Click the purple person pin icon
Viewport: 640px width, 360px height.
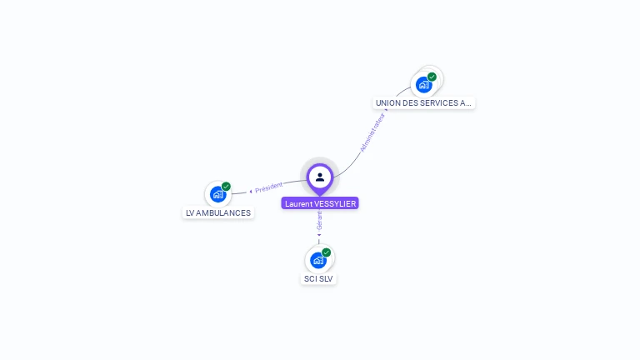tap(320, 177)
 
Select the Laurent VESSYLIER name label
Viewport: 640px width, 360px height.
tap(320, 203)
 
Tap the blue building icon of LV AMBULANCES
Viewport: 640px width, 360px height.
tap(217, 194)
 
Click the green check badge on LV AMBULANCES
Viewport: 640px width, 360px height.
tap(226, 187)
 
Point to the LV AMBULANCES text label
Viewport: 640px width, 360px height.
tap(217, 212)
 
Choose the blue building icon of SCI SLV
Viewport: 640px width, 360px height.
tap(317, 260)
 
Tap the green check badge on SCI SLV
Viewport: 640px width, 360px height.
tap(326, 252)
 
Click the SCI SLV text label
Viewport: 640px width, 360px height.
tap(318, 278)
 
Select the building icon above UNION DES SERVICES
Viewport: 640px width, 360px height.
tap(423, 84)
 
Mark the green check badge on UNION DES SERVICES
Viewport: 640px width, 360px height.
tap(432, 77)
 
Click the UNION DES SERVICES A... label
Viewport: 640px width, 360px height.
tap(423, 103)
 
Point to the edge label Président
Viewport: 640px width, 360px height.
tap(269, 187)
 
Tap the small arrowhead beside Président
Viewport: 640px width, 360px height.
tap(251, 191)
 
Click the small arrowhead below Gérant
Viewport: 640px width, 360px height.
tap(319, 235)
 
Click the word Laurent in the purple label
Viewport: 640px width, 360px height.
tap(298, 203)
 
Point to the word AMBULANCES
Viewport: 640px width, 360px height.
tap(224, 212)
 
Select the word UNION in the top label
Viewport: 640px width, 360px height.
tap(387, 103)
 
